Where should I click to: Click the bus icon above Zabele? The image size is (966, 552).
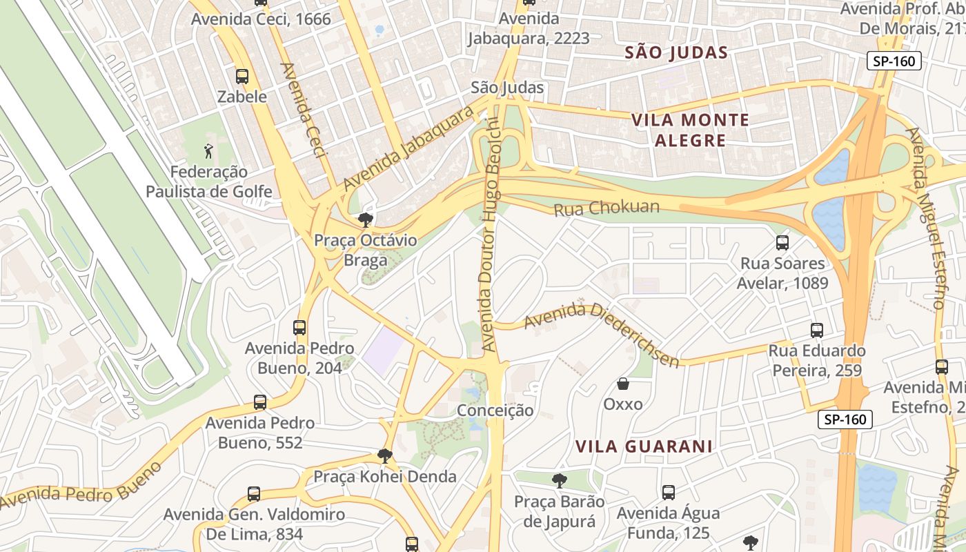[x=242, y=77]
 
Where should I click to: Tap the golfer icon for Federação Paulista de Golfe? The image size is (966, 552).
[x=208, y=150]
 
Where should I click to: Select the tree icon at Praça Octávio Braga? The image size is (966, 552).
[x=365, y=220]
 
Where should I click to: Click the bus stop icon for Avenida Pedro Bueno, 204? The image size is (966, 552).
[x=299, y=328]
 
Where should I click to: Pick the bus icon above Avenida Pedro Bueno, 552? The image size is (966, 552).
[x=260, y=402]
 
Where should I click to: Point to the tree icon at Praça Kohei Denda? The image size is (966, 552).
[x=385, y=455]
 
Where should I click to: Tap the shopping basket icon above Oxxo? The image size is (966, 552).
[x=623, y=384]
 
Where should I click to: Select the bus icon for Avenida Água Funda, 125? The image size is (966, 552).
[x=668, y=493]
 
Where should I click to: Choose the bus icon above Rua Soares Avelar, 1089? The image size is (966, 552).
[x=782, y=243]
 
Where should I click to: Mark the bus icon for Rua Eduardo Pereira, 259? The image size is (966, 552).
[x=817, y=331]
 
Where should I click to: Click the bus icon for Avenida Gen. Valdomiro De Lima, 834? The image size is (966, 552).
[x=254, y=494]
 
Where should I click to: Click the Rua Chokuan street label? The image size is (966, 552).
[x=607, y=208]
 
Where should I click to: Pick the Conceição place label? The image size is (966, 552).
[x=495, y=411]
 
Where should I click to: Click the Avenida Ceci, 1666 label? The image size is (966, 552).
[x=261, y=19]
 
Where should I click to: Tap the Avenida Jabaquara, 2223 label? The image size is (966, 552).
[x=529, y=28]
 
